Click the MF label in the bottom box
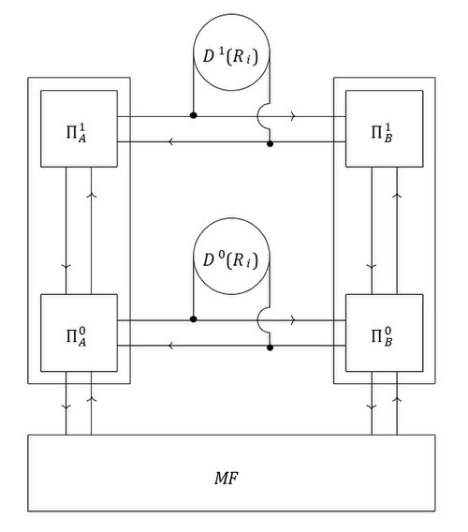click(x=227, y=478)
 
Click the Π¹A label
click(x=77, y=133)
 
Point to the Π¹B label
click(x=382, y=133)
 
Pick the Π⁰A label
click(x=77, y=337)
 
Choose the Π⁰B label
click(x=382, y=337)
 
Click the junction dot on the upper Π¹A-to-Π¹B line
click(x=194, y=115)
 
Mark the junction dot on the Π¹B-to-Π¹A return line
click(x=270, y=144)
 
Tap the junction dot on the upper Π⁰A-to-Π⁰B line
click(x=194, y=319)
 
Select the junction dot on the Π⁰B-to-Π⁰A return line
click(x=270, y=347)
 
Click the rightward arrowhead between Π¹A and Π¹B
click(x=293, y=116)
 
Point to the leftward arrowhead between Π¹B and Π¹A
click(x=171, y=141)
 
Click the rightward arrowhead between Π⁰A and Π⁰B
click(x=293, y=320)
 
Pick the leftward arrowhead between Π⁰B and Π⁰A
click(x=171, y=346)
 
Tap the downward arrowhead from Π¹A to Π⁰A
click(x=66, y=267)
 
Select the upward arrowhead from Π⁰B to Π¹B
click(x=397, y=196)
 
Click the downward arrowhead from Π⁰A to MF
click(x=66, y=406)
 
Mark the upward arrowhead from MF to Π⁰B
click(x=397, y=399)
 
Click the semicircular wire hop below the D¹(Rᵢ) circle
click(x=257, y=116)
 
